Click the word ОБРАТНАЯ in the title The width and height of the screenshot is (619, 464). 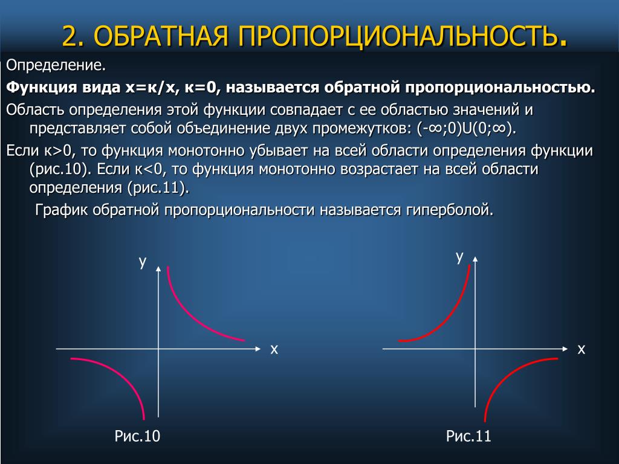(161, 36)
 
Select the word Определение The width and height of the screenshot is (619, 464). (56, 65)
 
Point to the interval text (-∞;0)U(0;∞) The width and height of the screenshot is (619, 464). (467, 128)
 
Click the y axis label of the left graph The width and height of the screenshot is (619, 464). (143, 262)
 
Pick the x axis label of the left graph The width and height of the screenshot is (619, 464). (274, 349)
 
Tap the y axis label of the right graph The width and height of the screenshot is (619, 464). (459, 257)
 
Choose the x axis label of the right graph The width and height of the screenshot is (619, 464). (581, 349)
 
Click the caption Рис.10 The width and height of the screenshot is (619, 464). (137, 436)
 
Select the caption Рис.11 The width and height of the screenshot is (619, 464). (468, 436)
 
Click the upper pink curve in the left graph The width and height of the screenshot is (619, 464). (189, 315)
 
